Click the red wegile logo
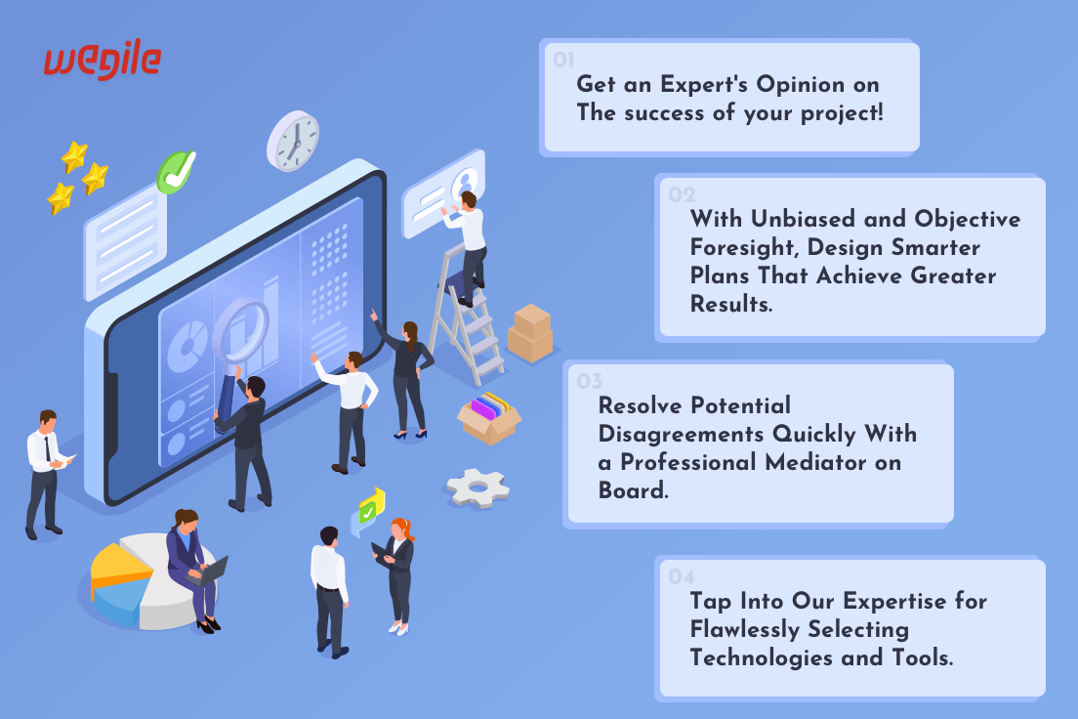click(x=103, y=60)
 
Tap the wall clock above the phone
click(x=294, y=141)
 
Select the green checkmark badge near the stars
click(x=176, y=172)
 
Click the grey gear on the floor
click(x=477, y=488)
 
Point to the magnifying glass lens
click(x=240, y=329)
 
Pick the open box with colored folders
click(x=489, y=417)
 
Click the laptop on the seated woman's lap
click(x=208, y=571)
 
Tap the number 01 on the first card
click(x=563, y=60)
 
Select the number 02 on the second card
click(x=682, y=194)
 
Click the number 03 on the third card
click(x=589, y=381)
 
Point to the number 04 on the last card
click(x=682, y=576)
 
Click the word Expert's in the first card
click(x=704, y=85)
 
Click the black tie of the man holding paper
click(x=47, y=448)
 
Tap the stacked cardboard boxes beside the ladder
click(x=530, y=334)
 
